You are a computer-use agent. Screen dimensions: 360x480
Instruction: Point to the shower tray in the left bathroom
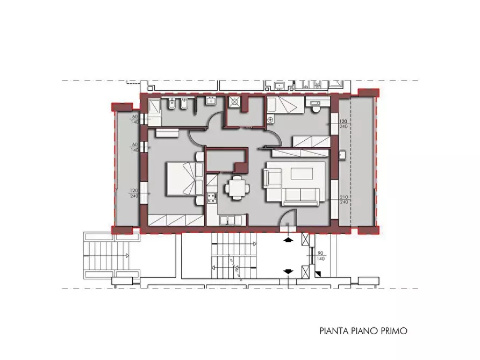pyautogui.click(x=153, y=106)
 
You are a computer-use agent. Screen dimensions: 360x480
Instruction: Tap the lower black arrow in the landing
pyautogui.click(x=289, y=271)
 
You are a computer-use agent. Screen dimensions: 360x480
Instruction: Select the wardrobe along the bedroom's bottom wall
pyautogui.click(x=176, y=220)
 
